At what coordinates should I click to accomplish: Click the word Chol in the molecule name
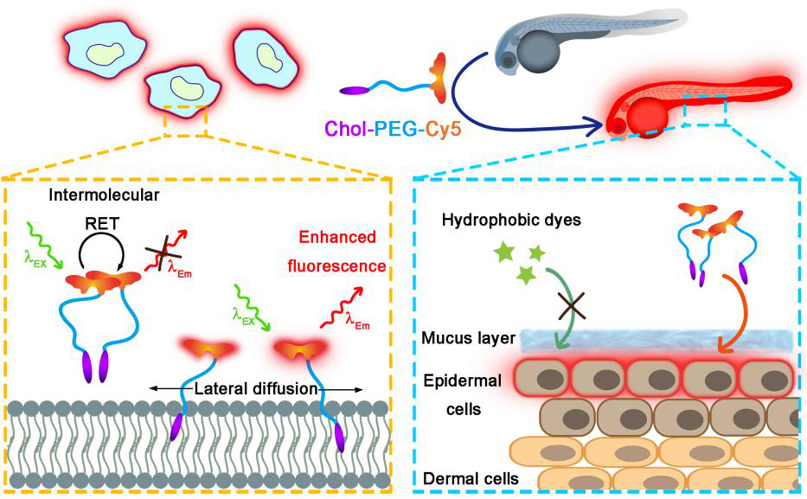click(x=354, y=132)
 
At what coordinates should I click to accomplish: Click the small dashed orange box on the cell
click(x=186, y=121)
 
